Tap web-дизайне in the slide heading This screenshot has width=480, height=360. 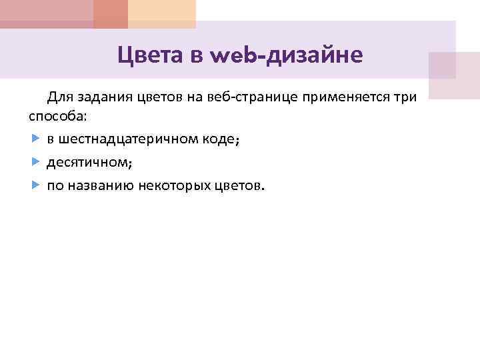coord(286,55)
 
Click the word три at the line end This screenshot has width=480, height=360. coord(405,98)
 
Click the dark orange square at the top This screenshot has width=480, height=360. coord(111,13)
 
